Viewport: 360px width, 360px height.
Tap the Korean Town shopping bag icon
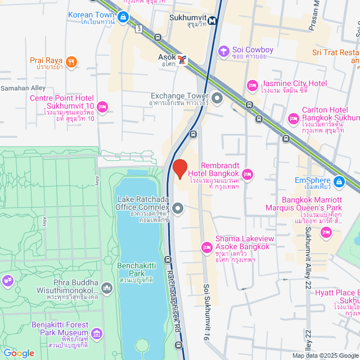pyautogui.click(x=123, y=18)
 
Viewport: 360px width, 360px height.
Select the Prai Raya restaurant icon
pyautogui.click(x=71, y=62)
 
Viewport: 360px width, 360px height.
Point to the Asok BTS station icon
pyautogui.click(x=182, y=60)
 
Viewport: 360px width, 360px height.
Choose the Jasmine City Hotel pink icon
pyautogui.click(x=252, y=86)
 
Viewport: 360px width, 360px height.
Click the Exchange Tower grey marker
pyautogui.click(x=217, y=99)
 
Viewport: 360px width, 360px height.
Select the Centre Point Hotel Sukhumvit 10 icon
pyautogui.click(x=102, y=106)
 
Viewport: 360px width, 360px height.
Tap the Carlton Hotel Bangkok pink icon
pyautogui.click(x=293, y=119)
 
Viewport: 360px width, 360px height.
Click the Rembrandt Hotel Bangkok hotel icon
pyautogui.click(x=248, y=173)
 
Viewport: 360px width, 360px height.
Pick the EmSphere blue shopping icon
pyautogui.click(x=339, y=182)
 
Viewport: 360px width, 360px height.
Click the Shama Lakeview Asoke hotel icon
pyautogui.click(x=206, y=246)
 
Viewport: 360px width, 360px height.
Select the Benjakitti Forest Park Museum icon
pyautogui.click(x=97, y=335)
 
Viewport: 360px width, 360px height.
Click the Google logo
pyautogui.click(x=19, y=353)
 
